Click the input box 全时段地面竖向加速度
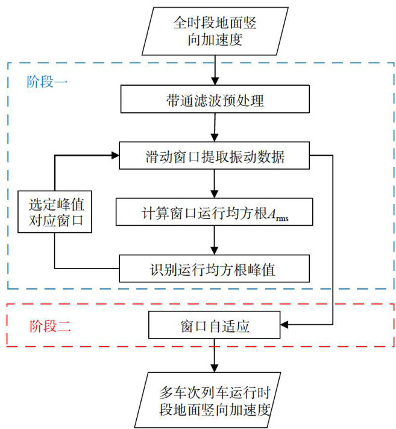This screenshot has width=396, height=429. (x=215, y=31)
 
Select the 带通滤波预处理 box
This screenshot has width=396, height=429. (x=215, y=100)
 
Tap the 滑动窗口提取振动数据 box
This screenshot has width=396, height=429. (x=215, y=157)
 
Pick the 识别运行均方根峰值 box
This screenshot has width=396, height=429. (x=215, y=269)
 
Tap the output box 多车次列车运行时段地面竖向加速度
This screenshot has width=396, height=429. (x=215, y=401)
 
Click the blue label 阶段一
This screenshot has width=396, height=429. (x=48, y=82)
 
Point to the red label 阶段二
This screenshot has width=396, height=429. (x=51, y=328)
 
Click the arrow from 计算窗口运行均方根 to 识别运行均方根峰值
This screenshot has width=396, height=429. (x=215, y=241)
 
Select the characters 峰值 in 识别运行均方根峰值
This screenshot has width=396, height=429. (x=263, y=269)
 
